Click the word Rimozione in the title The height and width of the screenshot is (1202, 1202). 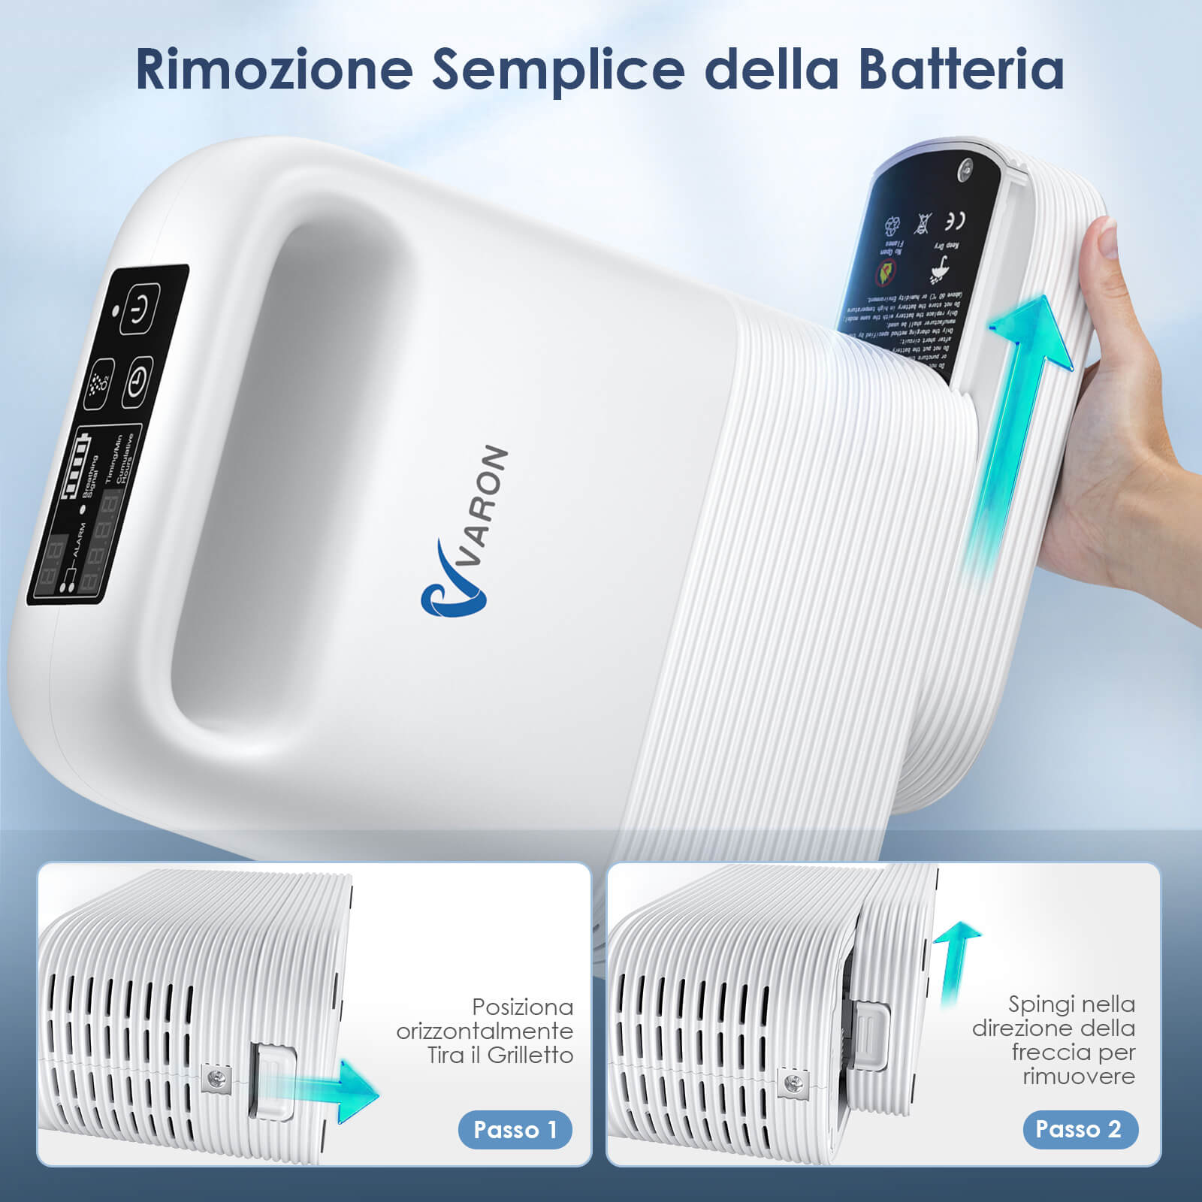coord(274,69)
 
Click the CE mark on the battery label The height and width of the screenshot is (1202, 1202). coord(955,221)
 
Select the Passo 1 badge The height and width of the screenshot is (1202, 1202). coord(515,1129)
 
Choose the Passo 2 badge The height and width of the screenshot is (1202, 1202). coord(1080,1128)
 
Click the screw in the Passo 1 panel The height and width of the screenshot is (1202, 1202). coord(216,1080)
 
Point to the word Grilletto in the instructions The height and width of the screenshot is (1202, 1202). coord(530,1056)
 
